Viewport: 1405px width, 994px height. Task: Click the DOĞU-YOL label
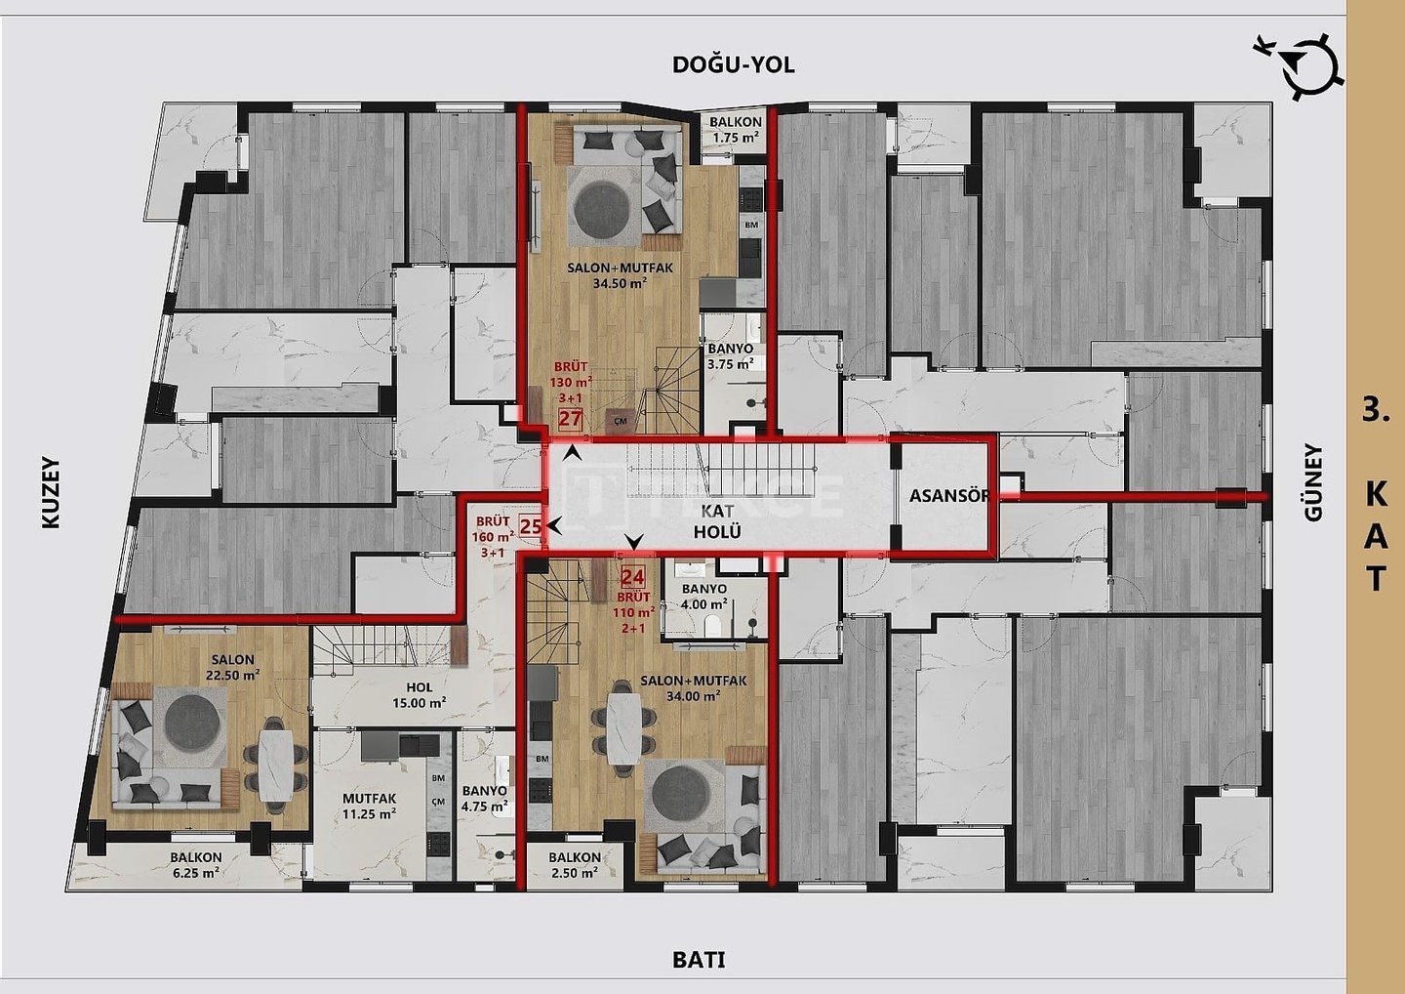734,64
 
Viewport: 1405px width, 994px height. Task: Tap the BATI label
699,960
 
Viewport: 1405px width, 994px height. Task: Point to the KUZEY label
51,493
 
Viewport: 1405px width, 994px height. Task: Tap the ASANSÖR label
949,496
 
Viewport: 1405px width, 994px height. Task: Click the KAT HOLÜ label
717,520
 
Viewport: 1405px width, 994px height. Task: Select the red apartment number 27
570,419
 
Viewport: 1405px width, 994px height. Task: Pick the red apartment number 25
531,526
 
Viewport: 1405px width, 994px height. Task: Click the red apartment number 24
632,577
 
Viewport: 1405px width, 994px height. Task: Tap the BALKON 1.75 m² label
735,130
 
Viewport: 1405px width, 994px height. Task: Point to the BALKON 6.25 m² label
196,865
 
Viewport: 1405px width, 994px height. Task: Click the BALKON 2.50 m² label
575,865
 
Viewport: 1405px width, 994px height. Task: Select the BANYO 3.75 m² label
731,355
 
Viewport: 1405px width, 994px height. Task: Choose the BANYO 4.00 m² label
704,597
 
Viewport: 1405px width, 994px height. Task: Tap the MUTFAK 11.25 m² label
370,807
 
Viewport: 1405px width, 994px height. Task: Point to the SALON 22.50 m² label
232,667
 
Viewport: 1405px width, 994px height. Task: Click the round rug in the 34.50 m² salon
601,210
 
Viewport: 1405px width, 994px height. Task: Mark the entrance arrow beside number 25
553,525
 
